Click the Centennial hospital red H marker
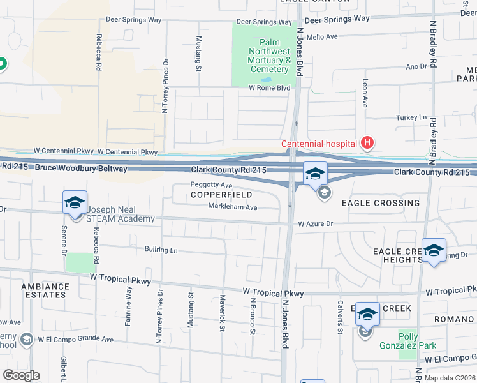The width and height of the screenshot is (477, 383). (367, 143)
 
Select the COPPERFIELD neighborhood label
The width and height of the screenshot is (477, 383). (221, 194)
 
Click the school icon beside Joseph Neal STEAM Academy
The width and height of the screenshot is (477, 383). (75, 202)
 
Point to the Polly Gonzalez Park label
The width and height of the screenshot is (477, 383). (417, 340)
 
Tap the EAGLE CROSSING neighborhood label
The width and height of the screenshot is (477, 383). (381, 203)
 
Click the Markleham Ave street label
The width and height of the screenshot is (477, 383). (232, 207)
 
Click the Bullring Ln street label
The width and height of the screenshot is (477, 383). (161, 250)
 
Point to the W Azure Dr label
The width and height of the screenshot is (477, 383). (316, 224)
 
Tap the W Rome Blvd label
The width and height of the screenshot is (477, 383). (269, 88)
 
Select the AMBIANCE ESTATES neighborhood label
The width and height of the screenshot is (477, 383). (44, 290)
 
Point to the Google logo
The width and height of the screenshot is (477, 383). (21, 375)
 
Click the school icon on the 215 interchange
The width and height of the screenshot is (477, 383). (314, 173)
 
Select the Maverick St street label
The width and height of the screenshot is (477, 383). (223, 312)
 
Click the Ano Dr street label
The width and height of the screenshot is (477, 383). (416, 66)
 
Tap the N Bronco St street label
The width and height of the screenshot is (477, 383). (253, 316)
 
